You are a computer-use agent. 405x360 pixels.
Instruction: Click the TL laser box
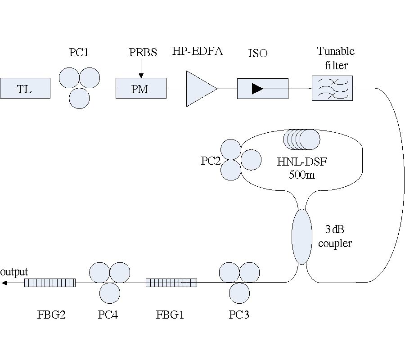coord(25,88)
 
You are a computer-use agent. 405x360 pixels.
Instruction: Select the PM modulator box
coord(141,88)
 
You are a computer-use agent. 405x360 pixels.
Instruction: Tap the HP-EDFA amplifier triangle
coord(200,89)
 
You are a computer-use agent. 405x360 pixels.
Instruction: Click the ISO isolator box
coord(262,89)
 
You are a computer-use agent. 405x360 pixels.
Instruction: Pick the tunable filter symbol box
coord(332,88)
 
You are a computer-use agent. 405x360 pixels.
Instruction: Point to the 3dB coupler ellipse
coord(301,236)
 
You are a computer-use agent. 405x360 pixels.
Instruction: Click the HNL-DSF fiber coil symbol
coord(301,139)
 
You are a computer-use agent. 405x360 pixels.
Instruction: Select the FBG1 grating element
coord(171,283)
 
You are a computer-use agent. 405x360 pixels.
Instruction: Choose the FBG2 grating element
coord(49,283)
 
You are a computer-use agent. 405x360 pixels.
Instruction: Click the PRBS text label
coord(143,53)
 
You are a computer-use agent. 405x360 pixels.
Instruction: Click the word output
coord(14,272)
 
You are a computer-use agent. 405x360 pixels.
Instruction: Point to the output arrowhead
coord(4,283)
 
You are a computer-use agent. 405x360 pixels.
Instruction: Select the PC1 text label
coord(79,53)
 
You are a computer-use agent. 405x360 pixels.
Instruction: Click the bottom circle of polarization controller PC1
coord(79,98)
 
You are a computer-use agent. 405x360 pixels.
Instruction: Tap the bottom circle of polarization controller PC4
coord(110,293)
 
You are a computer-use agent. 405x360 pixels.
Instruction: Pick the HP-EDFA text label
coord(198,51)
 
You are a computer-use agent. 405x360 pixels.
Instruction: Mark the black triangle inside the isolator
coord(257,89)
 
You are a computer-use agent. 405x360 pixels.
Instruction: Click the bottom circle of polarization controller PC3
coord(239,293)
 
